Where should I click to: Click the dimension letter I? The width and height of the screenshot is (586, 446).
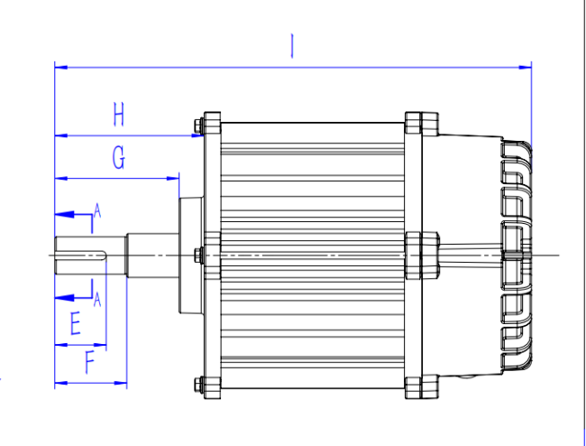tap(292, 46)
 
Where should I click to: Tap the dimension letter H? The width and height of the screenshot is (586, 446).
tap(118, 115)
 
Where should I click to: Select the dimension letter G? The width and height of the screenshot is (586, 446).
tap(119, 157)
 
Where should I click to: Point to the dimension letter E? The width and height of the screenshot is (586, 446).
tap(76, 323)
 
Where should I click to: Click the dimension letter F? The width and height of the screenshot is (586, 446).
tap(89, 362)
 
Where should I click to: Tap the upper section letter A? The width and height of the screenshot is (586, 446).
tap(97, 210)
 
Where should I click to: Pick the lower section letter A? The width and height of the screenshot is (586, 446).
tap(97, 300)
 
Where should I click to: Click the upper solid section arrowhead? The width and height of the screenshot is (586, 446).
tap(64, 215)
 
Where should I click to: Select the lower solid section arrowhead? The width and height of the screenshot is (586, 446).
tap(64, 298)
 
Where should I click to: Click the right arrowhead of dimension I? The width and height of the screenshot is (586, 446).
tap(525, 68)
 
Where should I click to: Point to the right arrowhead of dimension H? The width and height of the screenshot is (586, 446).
tap(197, 135)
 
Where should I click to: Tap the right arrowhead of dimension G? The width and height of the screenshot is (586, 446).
tap(173, 179)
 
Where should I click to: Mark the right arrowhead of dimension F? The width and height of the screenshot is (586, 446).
tap(120, 383)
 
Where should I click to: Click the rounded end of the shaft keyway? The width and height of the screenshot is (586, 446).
tap(105, 256)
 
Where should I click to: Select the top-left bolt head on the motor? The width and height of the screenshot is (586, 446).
tap(199, 125)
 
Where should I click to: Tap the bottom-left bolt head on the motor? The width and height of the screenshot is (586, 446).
tap(199, 385)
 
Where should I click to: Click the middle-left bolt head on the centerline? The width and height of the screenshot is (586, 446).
tap(199, 255)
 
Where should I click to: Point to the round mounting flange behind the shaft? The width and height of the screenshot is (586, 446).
tap(191, 256)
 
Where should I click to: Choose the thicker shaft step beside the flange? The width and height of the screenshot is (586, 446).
tap(152, 256)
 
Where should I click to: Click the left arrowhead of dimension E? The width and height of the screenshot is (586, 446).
tap(61, 345)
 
